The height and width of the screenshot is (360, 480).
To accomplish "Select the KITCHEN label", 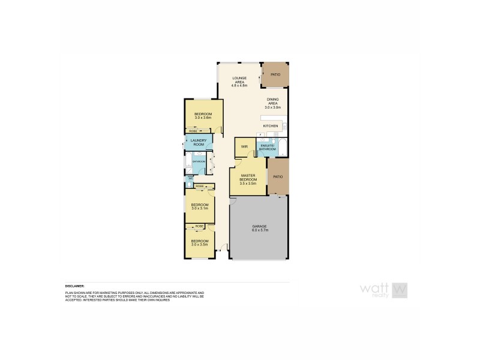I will (x=271, y=125).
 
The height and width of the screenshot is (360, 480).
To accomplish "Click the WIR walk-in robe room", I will (x=244, y=146).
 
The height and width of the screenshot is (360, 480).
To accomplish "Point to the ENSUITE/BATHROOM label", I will (x=267, y=147).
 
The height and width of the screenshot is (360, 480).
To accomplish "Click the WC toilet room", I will (x=190, y=178).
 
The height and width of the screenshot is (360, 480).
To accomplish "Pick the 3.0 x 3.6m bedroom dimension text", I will (x=203, y=118).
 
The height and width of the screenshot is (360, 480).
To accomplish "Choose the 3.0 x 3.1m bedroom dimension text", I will (x=199, y=208).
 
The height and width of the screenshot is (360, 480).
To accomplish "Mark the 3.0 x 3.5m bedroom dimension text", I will (x=199, y=244).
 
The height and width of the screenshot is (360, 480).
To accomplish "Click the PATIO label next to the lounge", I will (x=275, y=74).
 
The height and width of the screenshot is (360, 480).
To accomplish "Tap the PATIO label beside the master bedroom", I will (x=277, y=177).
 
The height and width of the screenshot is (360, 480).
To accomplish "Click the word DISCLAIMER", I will (x=75, y=287).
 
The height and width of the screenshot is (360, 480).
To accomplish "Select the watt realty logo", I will (x=384, y=290).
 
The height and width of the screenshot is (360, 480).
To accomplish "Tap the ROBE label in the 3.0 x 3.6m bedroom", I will (x=193, y=131).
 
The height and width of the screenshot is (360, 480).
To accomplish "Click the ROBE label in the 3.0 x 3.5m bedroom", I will (x=200, y=227).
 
